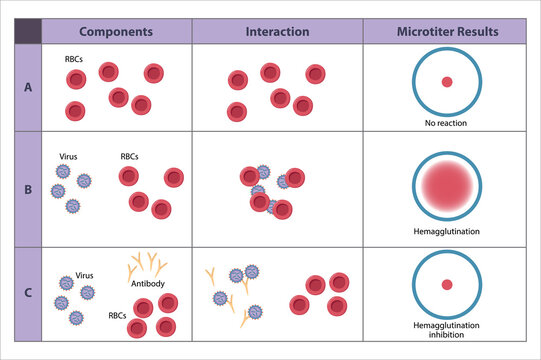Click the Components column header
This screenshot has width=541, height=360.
115,31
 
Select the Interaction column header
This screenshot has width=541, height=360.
276,31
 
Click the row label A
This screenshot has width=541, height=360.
27,87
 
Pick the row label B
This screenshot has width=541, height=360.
27,188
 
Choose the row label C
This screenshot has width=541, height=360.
27,293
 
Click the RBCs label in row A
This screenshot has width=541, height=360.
74,58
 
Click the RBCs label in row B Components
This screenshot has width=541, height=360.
131,156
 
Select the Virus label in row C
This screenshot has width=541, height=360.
85,275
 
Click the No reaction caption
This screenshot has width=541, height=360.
446,123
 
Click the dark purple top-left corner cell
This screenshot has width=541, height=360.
27,31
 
